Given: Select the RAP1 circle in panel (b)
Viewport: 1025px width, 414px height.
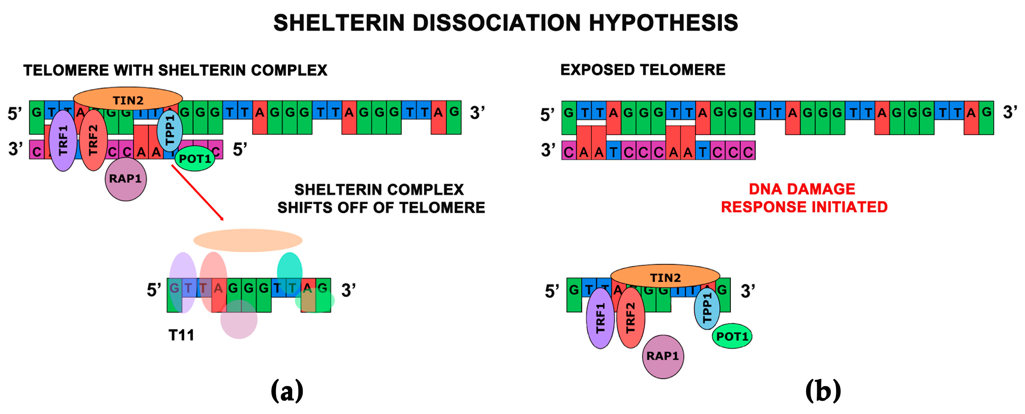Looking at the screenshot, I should (x=663, y=357).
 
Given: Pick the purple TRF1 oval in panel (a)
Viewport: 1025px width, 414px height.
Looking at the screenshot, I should (x=63, y=141).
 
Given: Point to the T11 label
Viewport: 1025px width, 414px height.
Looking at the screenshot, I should (x=182, y=335).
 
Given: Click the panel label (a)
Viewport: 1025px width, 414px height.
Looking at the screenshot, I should (x=287, y=391).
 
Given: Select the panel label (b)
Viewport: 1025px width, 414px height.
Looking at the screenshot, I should (x=823, y=391).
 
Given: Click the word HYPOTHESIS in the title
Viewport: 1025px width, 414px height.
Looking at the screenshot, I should (x=663, y=23).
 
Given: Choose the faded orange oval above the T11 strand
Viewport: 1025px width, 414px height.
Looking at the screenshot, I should (x=248, y=240).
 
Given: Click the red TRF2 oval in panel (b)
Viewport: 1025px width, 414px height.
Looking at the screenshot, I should (x=631, y=318).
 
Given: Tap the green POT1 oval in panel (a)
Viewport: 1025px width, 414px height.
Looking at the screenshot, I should (x=195, y=159).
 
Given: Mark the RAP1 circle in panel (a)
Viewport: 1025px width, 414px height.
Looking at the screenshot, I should (x=126, y=179).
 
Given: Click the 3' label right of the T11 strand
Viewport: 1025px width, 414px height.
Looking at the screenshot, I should (x=348, y=290).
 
